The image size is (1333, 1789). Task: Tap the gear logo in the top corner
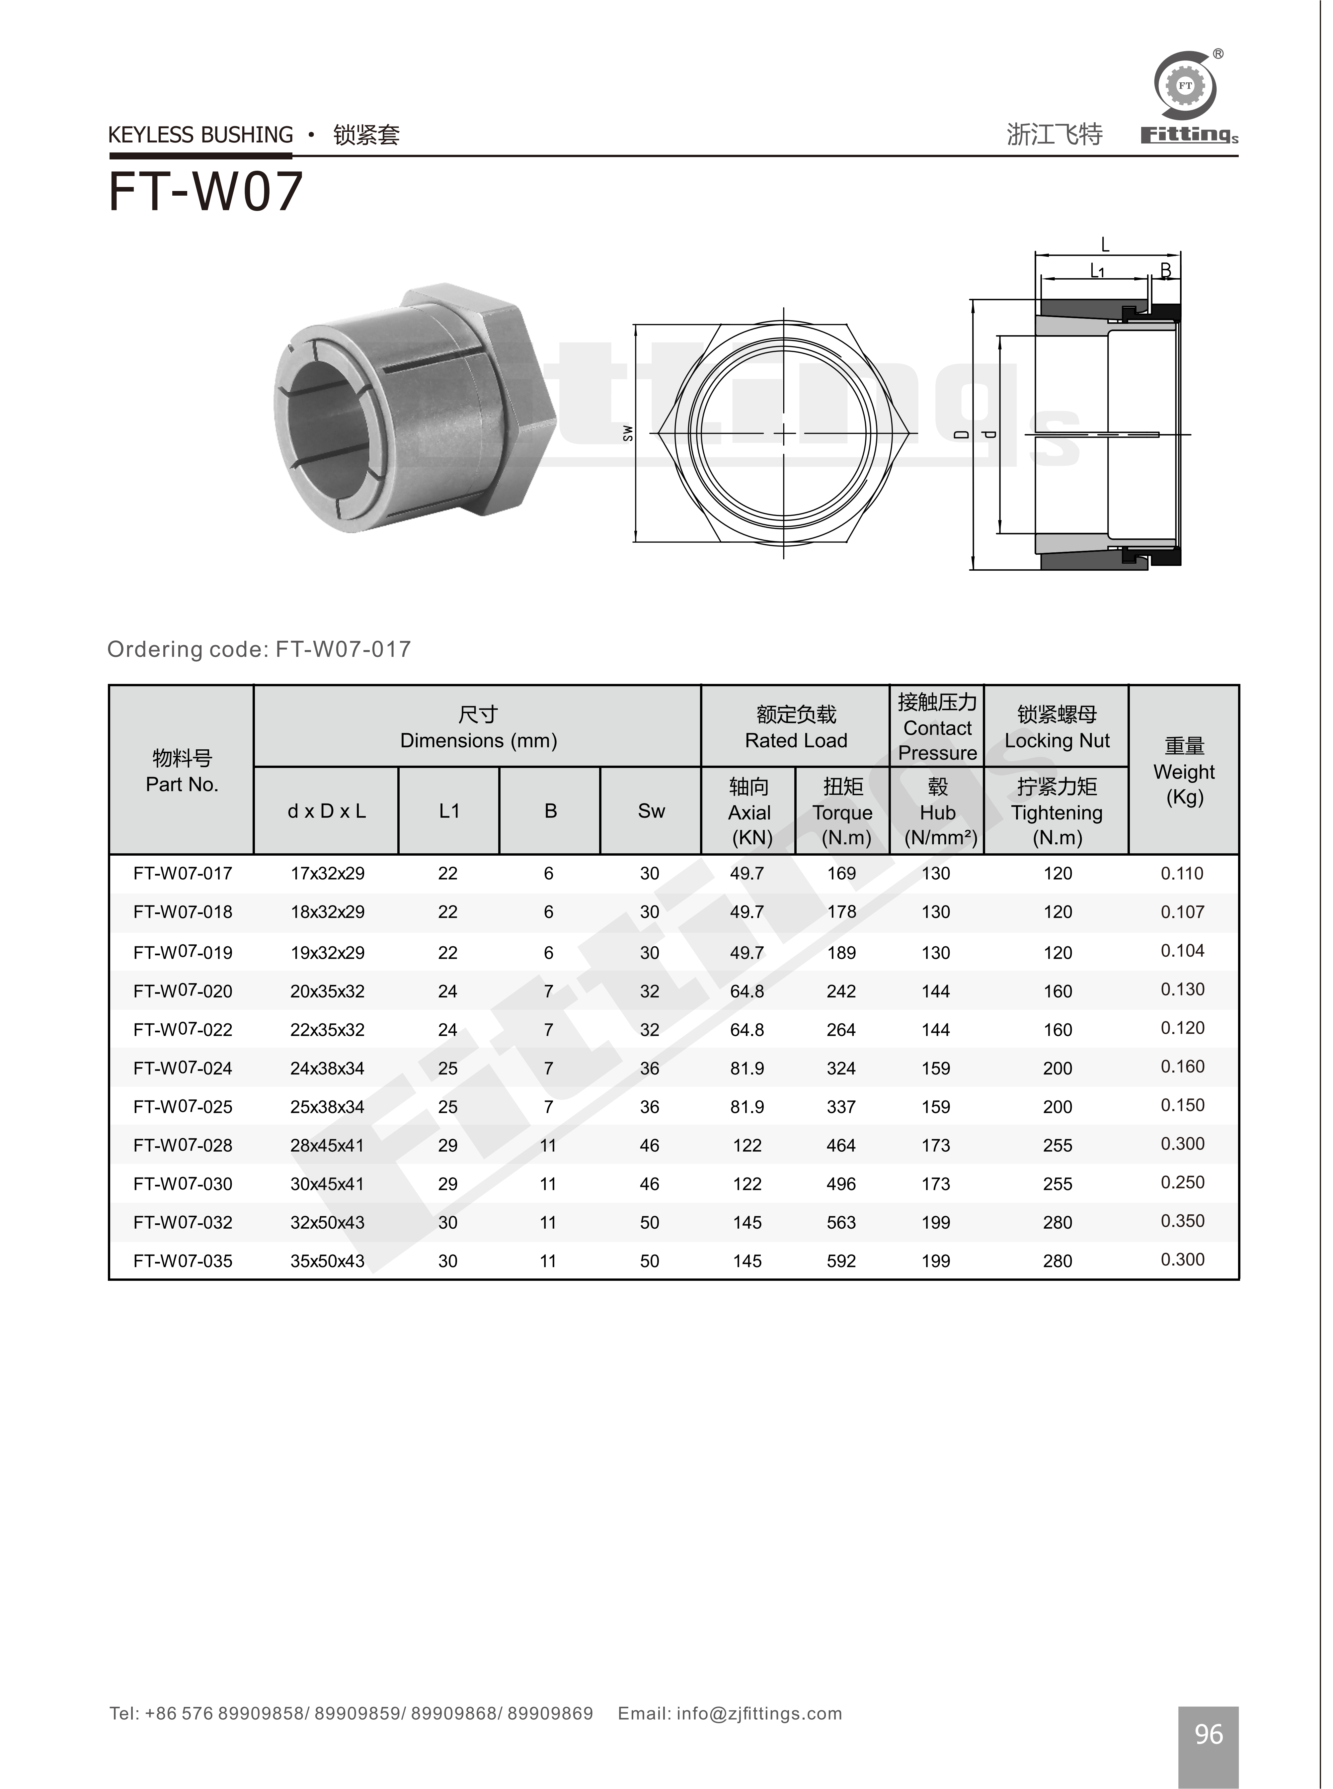pyautogui.click(x=1185, y=86)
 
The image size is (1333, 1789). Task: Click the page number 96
pyautogui.click(x=1208, y=1734)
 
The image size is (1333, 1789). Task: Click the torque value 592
pyautogui.click(x=841, y=1261)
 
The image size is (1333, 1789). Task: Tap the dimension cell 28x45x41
pyautogui.click(x=327, y=1146)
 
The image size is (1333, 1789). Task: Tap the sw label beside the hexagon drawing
pyautogui.click(x=628, y=433)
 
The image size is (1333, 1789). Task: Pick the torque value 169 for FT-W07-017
pyautogui.click(x=841, y=874)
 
